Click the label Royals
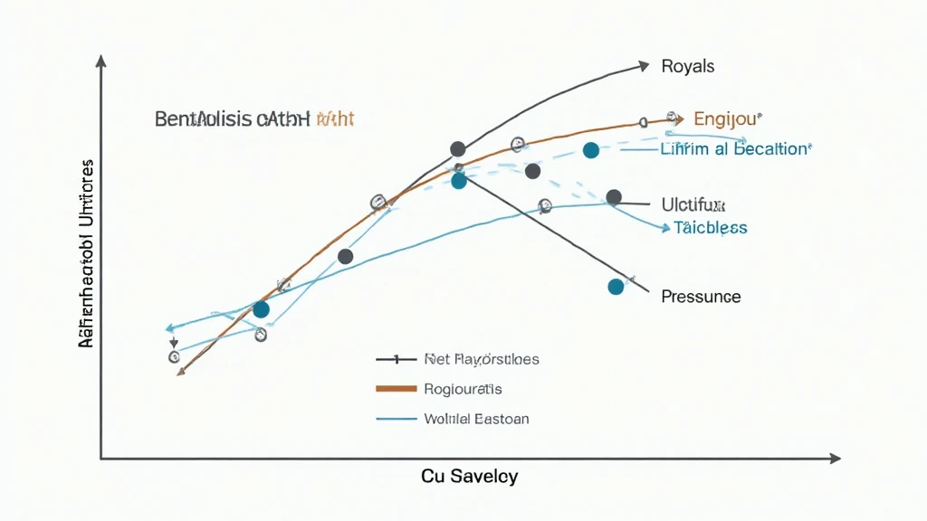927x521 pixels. (688, 66)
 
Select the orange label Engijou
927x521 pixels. (728, 118)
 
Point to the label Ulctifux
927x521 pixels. (693, 204)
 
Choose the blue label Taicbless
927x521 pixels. (711, 228)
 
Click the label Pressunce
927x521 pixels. (701, 296)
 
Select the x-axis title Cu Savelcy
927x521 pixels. (470, 477)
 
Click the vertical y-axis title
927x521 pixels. (87, 255)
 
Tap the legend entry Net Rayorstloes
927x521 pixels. (482, 359)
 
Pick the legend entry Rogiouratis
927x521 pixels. (463, 389)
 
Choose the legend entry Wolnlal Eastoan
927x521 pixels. (476, 419)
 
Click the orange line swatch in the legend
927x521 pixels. (395, 389)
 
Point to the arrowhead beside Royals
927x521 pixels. (644, 65)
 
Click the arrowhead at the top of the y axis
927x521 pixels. (100, 61)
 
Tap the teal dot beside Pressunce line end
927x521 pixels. (616, 287)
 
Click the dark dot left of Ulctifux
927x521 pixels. (614, 197)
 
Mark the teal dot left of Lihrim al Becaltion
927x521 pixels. (590, 150)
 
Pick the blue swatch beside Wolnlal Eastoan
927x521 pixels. (395, 419)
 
